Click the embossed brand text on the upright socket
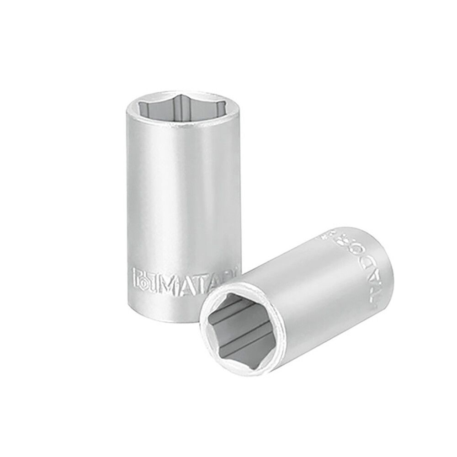coord(183,277)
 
